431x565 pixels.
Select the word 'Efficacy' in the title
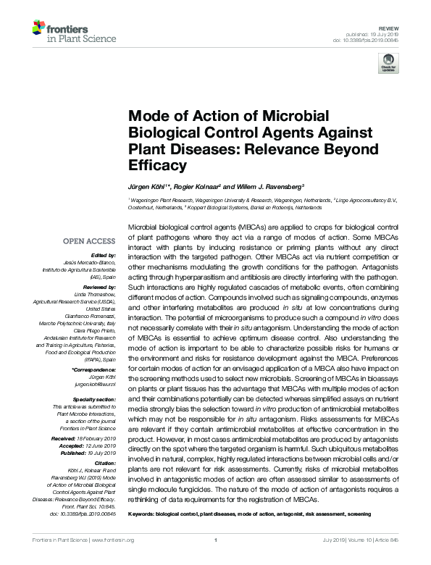[x=154, y=165]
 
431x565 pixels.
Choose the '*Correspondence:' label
[x=95, y=369]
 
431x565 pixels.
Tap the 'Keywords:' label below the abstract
[x=143, y=514]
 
